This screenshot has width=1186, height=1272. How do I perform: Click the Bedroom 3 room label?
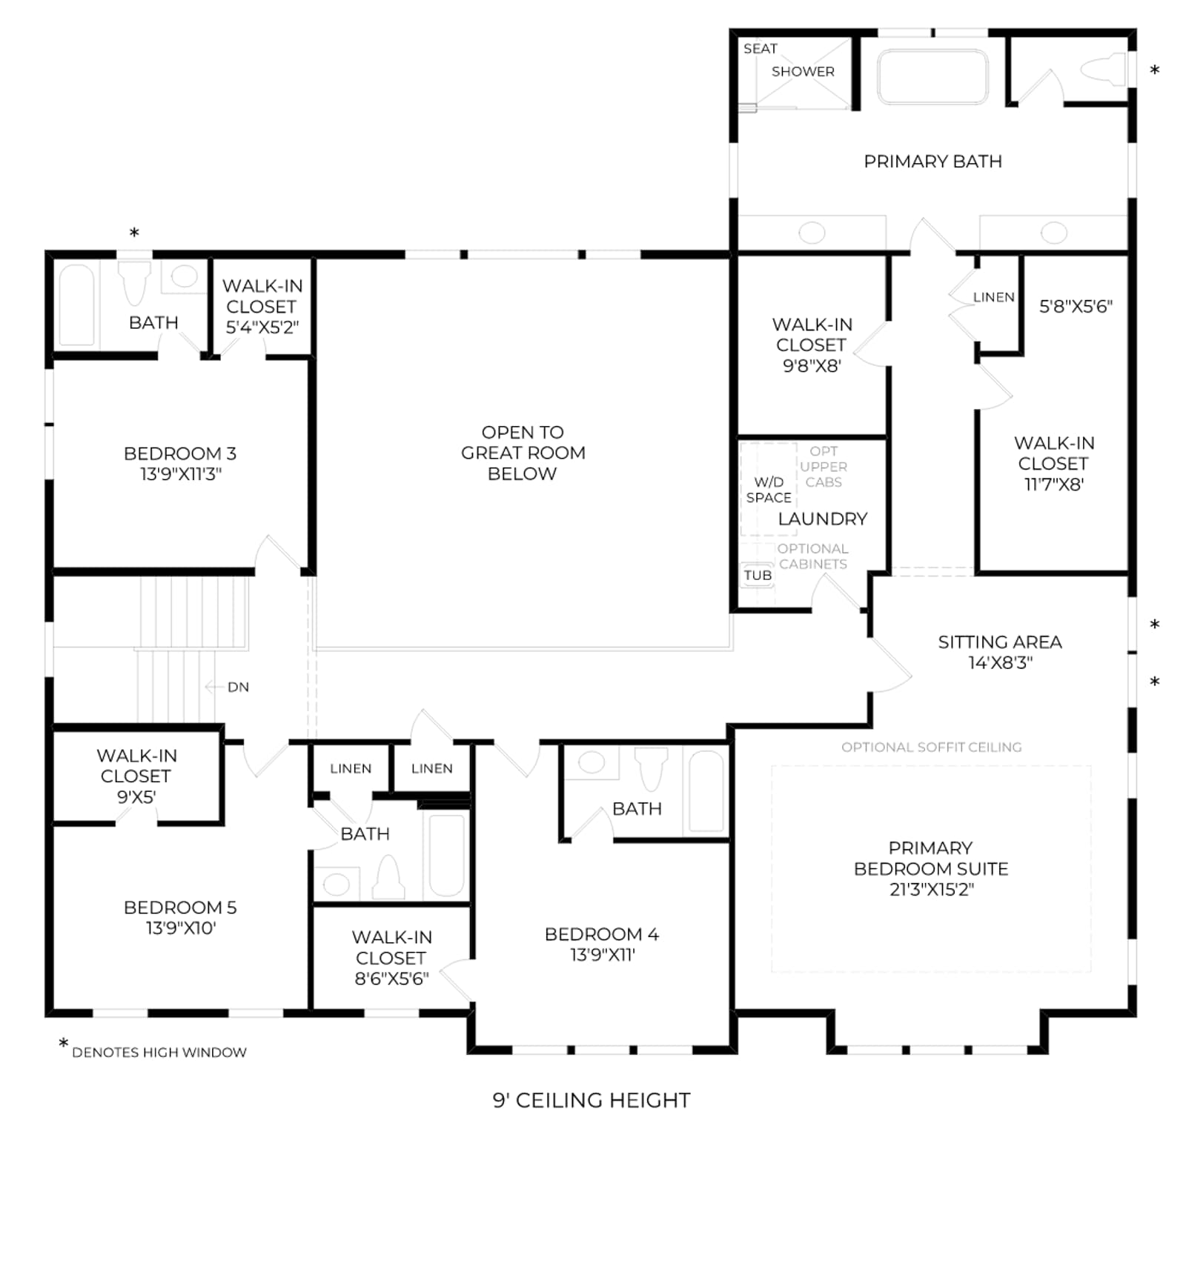[180, 453]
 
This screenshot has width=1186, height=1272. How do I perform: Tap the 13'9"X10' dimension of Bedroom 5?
[181, 928]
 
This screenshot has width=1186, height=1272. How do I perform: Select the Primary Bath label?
[932, 162]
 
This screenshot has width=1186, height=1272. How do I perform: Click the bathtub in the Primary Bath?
[932, 76]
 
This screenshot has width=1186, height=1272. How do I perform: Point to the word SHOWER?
[803, 72]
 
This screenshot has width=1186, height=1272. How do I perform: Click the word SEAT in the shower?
[761, 49]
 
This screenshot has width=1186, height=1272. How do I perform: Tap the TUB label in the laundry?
[758, 576]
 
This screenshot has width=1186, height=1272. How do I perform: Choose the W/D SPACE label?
[769, 490]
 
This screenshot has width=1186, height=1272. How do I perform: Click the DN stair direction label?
[238, 687]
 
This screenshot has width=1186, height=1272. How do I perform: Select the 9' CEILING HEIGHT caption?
[592, 1100]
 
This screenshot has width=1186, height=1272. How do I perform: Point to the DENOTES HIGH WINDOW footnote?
[159, 1052]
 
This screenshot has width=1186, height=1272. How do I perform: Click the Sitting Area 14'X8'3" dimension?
[1000, 663]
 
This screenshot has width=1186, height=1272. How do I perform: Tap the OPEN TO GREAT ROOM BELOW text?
[523, 453]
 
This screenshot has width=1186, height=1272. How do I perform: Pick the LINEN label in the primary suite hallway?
[993, 297]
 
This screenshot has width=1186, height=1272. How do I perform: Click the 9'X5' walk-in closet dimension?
[136, 797]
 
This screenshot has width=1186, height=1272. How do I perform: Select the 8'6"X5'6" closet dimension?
[391, 979]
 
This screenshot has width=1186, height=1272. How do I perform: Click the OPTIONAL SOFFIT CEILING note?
[931, 747]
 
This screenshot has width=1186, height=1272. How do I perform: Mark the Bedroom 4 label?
[601, 934]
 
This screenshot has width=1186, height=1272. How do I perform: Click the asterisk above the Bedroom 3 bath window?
[134, 233]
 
